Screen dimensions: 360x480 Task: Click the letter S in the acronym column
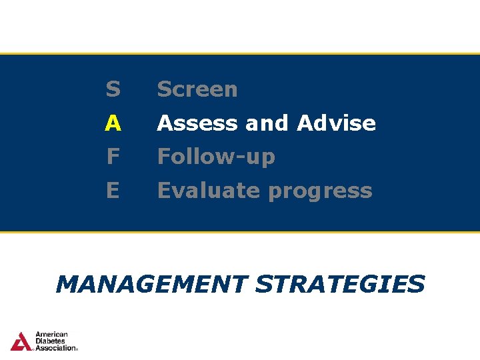tap(113, 89)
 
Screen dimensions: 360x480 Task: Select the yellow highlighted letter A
tap(113, 123)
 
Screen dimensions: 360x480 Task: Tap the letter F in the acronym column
tap(112, 157)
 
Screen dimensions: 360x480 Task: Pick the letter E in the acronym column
tap(112, 191)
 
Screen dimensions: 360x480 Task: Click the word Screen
tap(197, 89)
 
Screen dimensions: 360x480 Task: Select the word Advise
tap(336, 123)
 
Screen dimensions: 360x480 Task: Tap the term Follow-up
tap(216, 157)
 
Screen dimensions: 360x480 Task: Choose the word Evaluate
tap(209, 191)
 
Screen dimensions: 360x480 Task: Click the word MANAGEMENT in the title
tap(151, 284)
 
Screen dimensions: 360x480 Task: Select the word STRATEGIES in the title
tap(340, 284)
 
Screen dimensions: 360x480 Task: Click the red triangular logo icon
tap(21, 341)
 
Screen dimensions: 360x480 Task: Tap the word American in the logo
tap(51, 335)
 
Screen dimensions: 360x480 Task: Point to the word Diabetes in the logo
tap(50, 341)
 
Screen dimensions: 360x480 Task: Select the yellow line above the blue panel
tap(240, 53)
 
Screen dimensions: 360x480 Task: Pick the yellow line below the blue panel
tap(240, 232)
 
